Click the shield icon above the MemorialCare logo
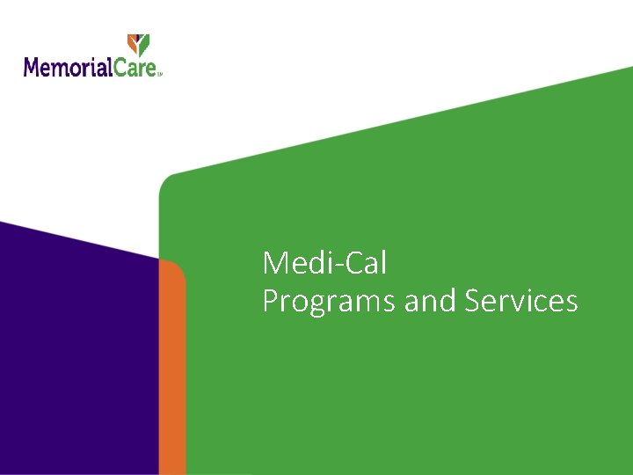tap(139, 45)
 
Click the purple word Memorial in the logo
tap(69, 67)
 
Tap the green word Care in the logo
tap(136, 67)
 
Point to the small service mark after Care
tap(160, 74)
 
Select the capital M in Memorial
tap(33, 67)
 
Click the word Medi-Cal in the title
tap(324, 262)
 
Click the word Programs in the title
tap(330, 302)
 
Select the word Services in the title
tap(521, 301)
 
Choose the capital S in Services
tap(473, 301)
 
